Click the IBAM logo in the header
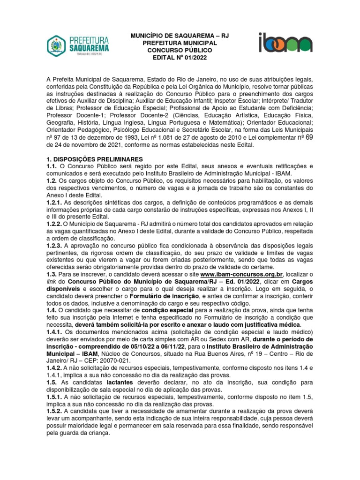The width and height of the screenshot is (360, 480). (x=285, y=42)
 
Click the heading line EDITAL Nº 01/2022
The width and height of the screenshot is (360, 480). (x=176, y=57)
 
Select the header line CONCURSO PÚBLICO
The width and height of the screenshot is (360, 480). (x=176, y=50)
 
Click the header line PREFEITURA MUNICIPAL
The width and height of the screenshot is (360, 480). (x=176, y=43)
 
